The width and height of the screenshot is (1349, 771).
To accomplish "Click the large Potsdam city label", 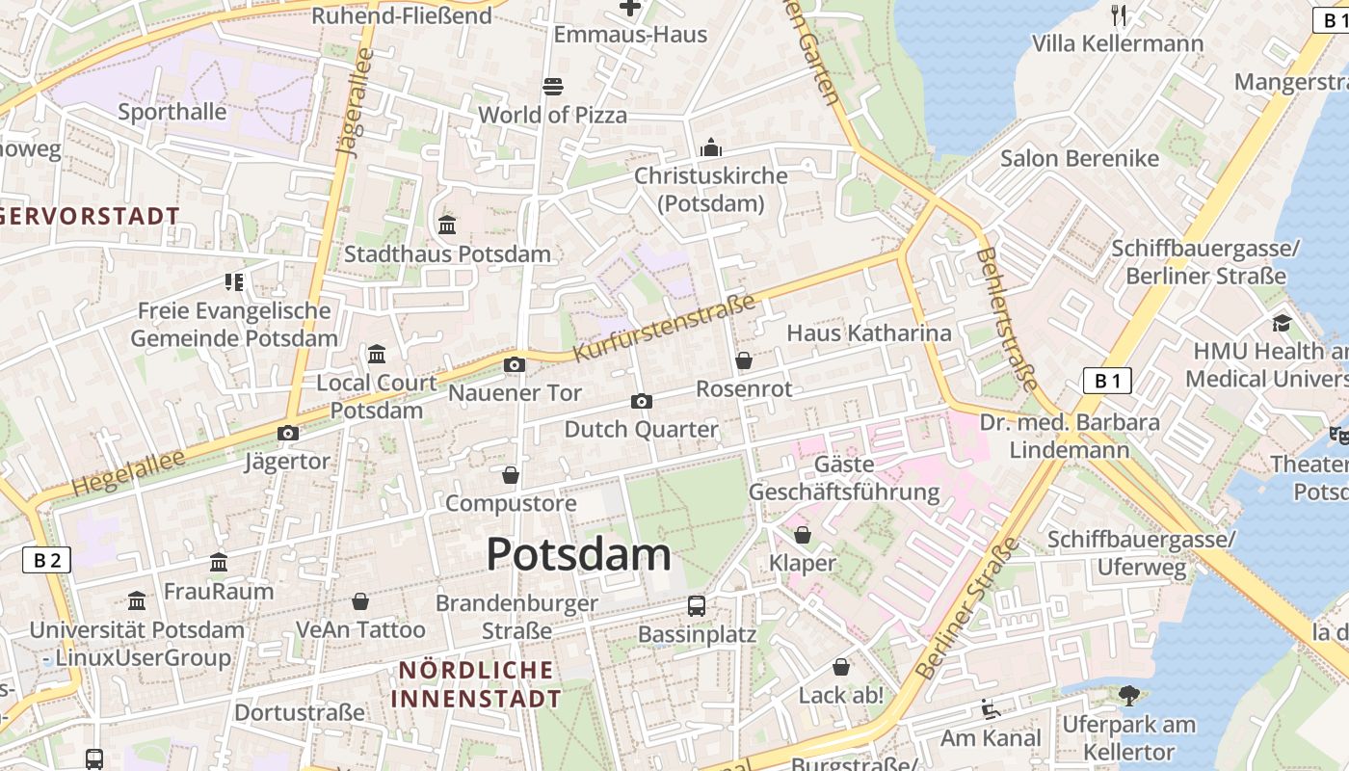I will [x=578, y=555].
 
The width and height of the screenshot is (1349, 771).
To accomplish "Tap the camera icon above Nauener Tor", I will [x=515, y=364].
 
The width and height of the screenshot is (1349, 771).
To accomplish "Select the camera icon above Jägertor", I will [x=287, y=434].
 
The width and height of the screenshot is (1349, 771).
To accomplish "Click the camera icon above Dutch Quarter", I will [x=642, y=401].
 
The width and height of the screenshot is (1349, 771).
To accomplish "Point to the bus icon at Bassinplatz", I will [x=697, y=606].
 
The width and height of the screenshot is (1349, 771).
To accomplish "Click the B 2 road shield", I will [x=46, y=560].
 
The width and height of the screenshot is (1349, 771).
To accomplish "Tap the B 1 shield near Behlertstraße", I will [x=1107, y=381].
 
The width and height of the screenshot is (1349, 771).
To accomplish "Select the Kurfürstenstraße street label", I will [x=664, y=329].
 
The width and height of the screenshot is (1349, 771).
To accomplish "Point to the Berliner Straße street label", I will [x=967, y=609].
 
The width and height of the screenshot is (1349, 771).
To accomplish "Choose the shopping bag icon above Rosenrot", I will [x=744, y=360].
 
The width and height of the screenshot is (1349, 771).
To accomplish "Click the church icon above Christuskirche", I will [x=711, y=147].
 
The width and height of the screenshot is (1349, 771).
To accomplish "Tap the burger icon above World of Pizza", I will [x=553, y=87].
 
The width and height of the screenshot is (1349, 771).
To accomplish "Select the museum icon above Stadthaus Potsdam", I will [x=447, y=226].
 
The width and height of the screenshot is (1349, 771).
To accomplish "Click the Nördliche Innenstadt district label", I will [x=478, y=683].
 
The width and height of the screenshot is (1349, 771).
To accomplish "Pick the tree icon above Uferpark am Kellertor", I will [x=1128, y=695].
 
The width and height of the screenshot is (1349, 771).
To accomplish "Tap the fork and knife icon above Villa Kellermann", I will [x=1119, y=14].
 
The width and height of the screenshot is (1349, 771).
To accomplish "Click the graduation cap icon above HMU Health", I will [x=1282, y=323].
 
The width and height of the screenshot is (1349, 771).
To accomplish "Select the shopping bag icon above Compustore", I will [x=511, y=475].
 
